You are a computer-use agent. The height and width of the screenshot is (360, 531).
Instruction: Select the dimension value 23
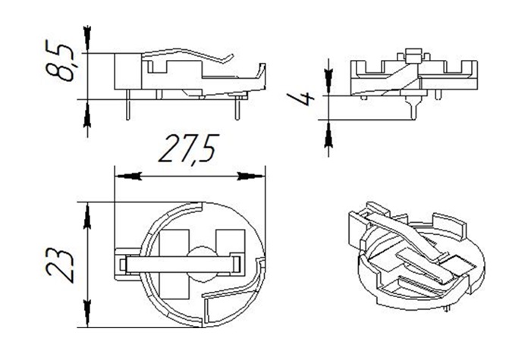[60, 266]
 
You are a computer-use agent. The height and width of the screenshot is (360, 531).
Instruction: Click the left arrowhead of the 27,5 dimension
[128, 176]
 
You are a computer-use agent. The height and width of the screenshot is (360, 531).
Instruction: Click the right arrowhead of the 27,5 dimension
[251, 176]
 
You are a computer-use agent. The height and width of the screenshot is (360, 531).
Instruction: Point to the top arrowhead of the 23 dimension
[87, 217]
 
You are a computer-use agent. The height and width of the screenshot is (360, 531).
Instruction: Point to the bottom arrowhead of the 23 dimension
[87, 313]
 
